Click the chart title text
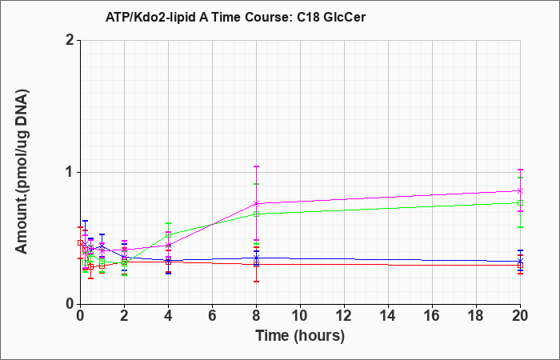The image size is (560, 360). coord(235,17)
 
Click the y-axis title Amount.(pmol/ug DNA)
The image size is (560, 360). coord(22,172)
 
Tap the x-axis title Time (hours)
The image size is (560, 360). coord(300,336)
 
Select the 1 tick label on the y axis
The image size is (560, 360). coord(70,173)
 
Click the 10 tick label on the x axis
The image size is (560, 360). coord(300,316)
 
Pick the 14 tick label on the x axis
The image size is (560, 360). coord(388,316)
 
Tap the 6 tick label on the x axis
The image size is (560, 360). coord(212,316)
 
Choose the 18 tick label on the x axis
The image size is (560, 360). coord(476,316)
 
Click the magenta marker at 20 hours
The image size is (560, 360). coord(520,190)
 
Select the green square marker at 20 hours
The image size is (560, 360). coord(520,203)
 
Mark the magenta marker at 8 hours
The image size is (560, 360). coord(257,203)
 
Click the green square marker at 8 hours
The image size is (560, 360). coord(257,214)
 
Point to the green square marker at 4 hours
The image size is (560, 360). coord(168,234)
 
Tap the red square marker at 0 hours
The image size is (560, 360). coord(80,243)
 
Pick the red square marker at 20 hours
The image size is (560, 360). coord(520,266)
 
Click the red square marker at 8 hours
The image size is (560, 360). coord(257,265)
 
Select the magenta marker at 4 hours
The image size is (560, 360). coord(168,245)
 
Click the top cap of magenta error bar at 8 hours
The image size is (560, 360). coord(257,166)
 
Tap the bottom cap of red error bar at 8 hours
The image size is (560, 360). coord(257,282)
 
